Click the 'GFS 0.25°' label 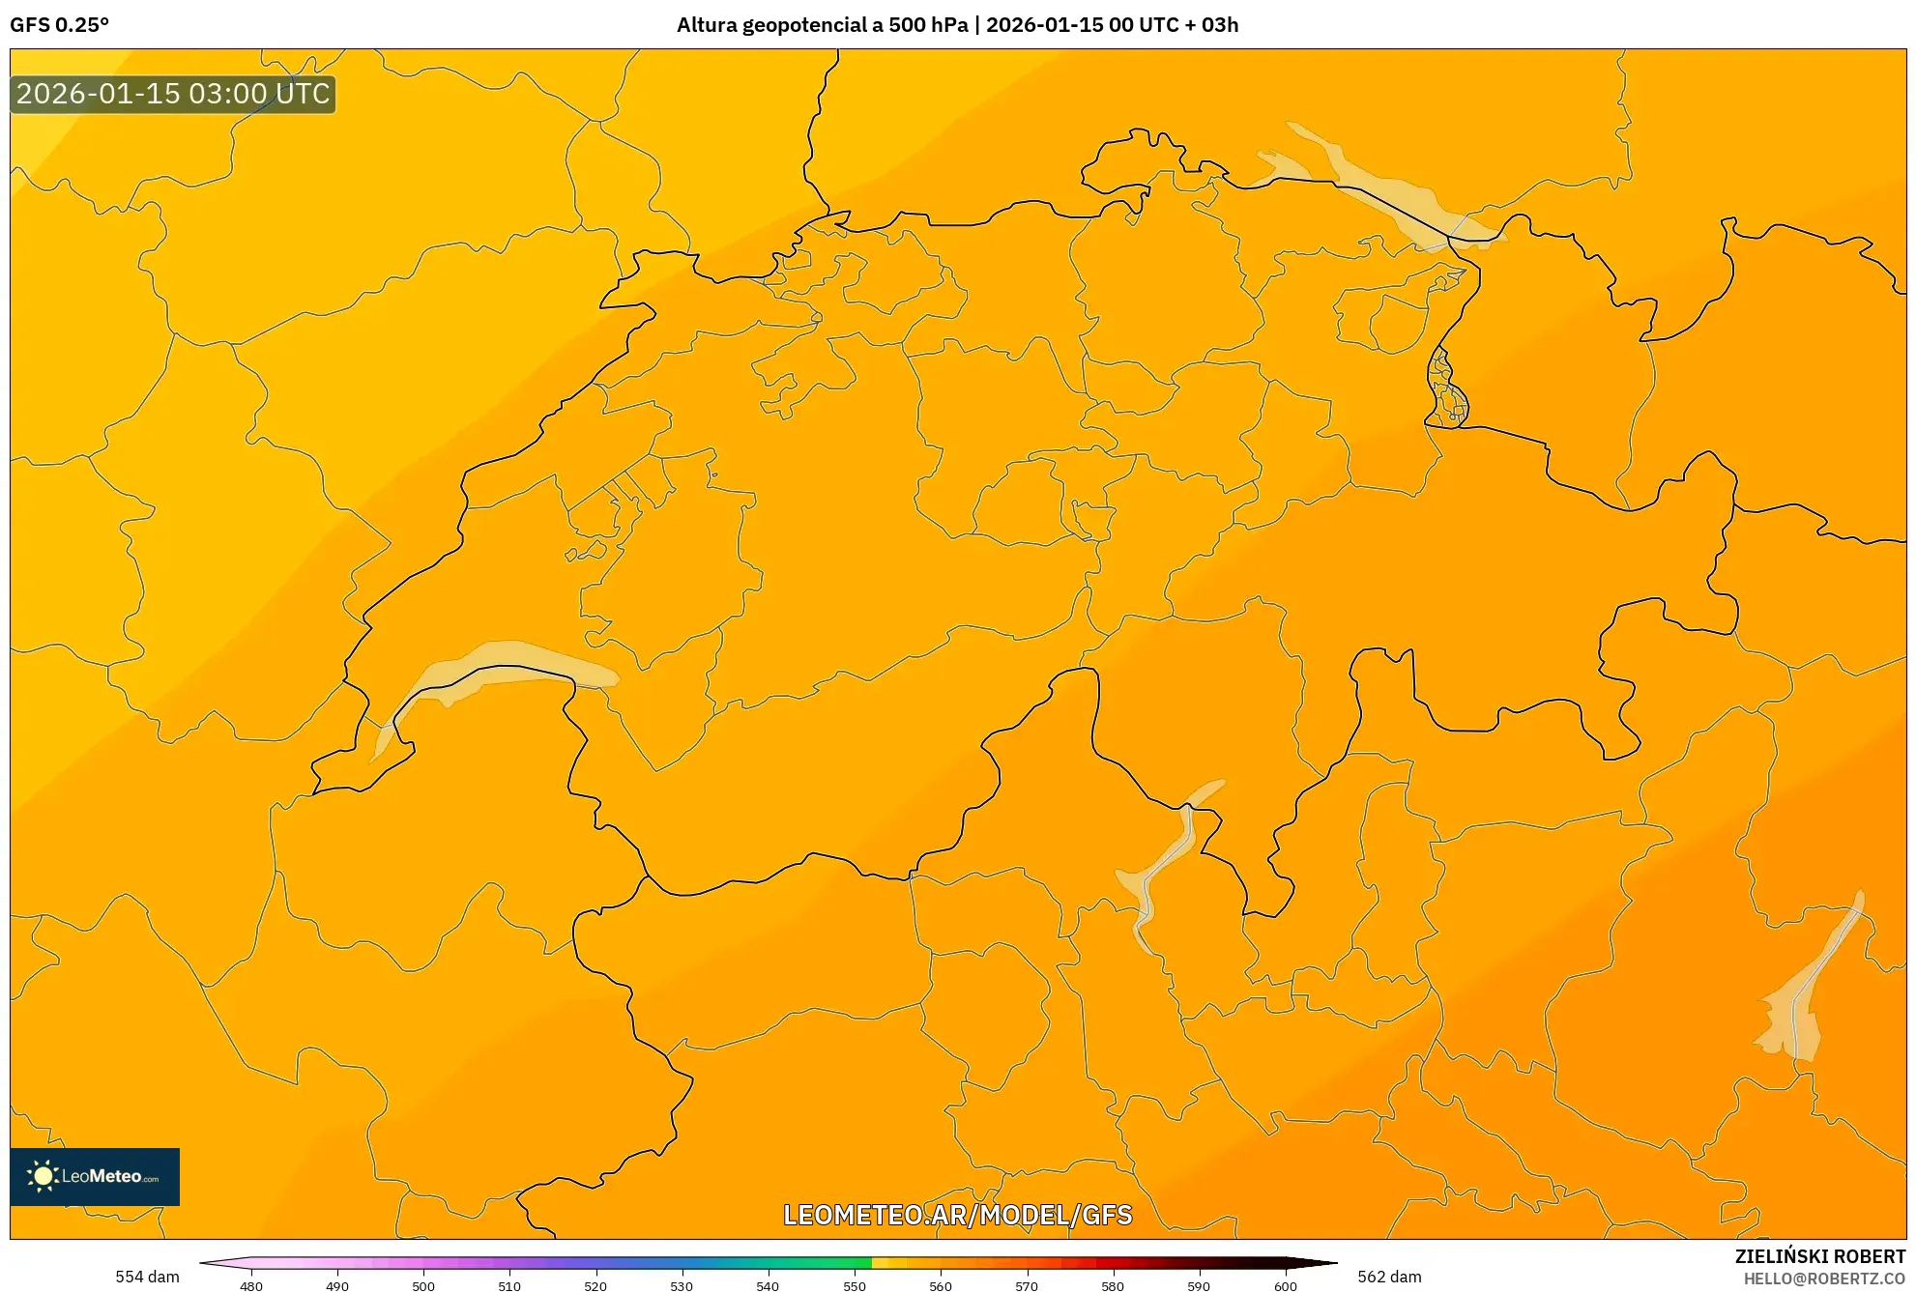point(60,25)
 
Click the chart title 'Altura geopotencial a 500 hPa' point(822,25)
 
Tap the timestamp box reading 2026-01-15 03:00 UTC point(173,94)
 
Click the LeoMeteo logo point(95,1176)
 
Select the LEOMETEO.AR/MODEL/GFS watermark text point(957,1215)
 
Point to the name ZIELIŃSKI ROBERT point(1819,1256)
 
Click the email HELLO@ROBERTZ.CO point(1823,1279)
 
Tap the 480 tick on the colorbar point(251,1285)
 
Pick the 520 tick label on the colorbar point(595,1285)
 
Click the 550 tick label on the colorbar point(855,1285)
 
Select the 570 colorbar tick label point(1027,1285)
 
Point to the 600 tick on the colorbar point(1285,1285)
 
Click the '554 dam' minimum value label point(147,1277)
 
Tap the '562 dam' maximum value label point(1389,1277)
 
